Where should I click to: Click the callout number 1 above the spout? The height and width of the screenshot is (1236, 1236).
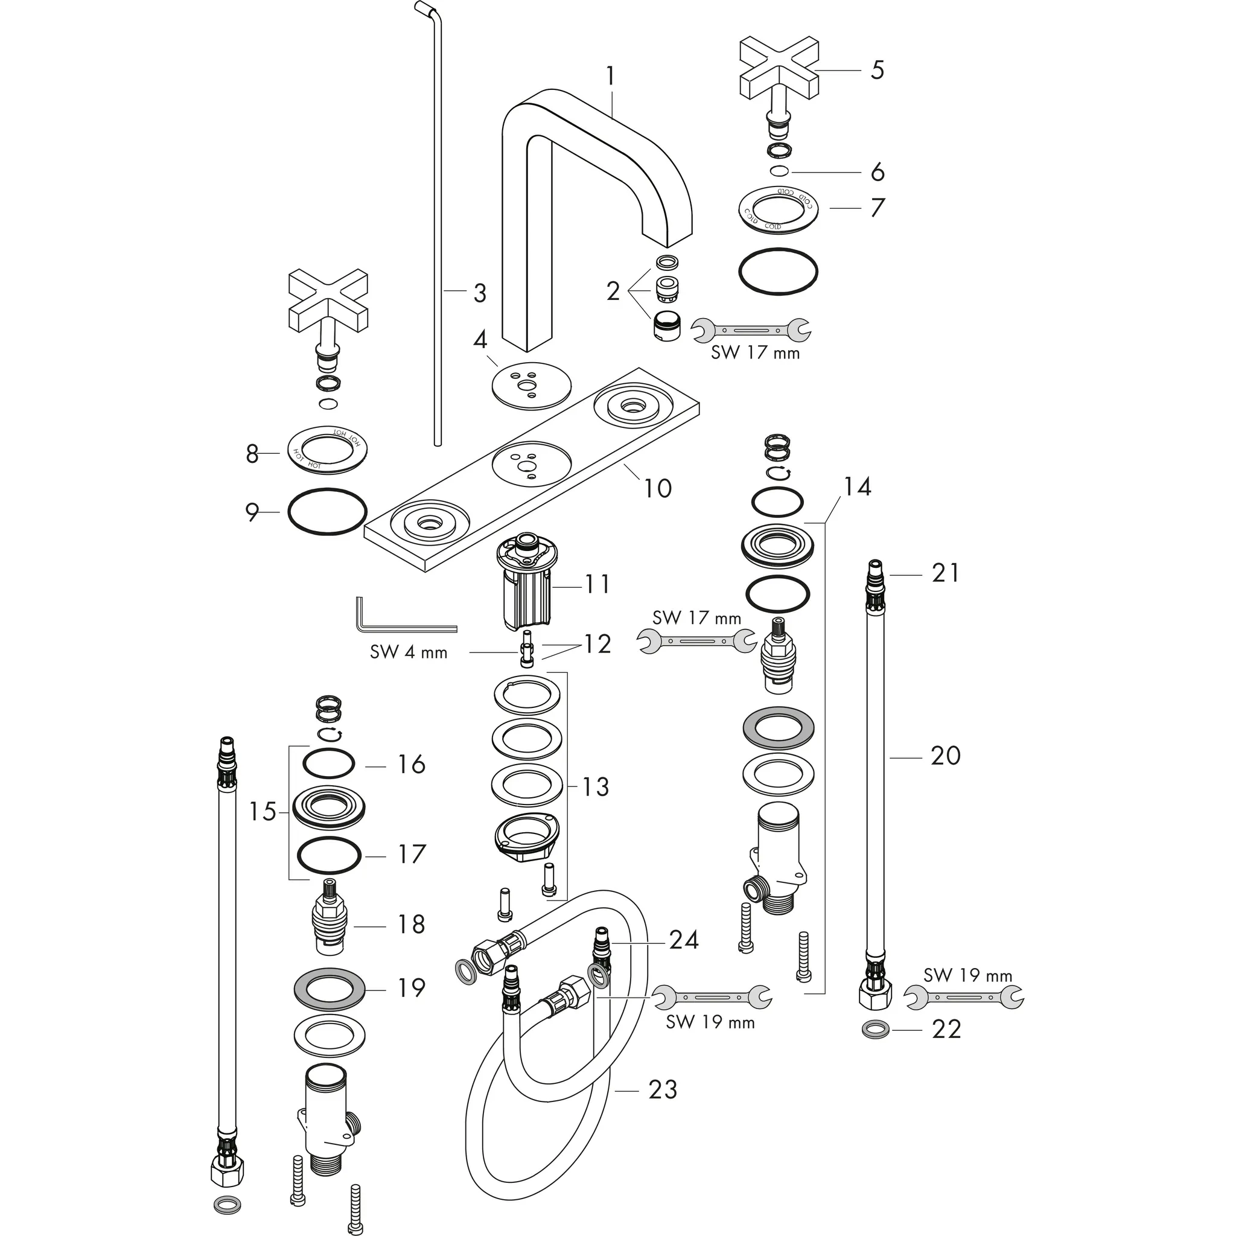point(610,77)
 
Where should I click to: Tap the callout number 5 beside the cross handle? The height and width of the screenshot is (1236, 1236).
point(877,71)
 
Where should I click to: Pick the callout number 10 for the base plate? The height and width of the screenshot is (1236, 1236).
point(657,488)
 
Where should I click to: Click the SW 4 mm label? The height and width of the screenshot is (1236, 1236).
point(409,652)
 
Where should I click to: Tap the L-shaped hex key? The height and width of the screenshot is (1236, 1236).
point(384,620)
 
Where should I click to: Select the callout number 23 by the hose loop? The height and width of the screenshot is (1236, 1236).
point(662,1089)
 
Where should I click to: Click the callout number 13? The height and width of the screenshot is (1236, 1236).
point(595,787)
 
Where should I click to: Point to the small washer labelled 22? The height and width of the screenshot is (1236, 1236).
point(874,1030)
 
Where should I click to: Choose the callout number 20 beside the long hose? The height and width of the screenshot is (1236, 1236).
point(945,756)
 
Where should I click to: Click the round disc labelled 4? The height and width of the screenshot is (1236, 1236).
point(531,386)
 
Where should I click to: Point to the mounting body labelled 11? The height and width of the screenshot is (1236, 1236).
point(526,585)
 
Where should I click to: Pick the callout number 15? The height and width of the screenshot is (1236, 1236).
point(263,812)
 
